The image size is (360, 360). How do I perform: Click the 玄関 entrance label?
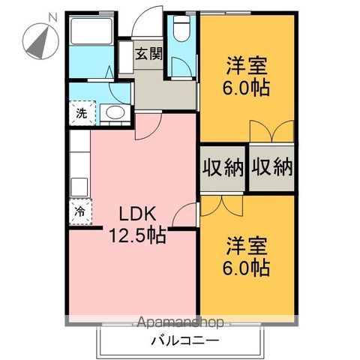pos(149,54)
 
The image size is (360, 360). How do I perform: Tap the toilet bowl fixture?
pos(181,28)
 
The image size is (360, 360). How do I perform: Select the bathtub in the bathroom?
pos(91,31)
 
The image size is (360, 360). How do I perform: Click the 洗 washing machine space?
pos(82,113)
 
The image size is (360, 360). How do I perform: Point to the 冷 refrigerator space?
pos(80,211)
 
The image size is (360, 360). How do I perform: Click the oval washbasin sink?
pos(115,112)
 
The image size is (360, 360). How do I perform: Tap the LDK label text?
pos(138,214)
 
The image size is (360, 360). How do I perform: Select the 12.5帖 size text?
pos(138,235)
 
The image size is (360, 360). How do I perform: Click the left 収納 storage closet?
pos(223,168)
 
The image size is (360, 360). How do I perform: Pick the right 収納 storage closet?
pos(271,168)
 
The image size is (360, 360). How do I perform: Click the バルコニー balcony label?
pos(185,340)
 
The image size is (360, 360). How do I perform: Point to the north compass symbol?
pos(40,41)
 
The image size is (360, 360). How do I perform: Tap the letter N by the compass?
pos(52,18)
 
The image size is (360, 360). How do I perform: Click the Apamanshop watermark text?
pos(180,322)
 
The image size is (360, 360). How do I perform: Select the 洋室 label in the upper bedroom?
pos(247,66)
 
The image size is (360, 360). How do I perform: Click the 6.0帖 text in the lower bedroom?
pos(246,268)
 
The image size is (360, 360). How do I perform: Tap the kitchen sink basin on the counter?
pos(79,187)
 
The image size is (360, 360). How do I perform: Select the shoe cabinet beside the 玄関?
pos(126,57)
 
